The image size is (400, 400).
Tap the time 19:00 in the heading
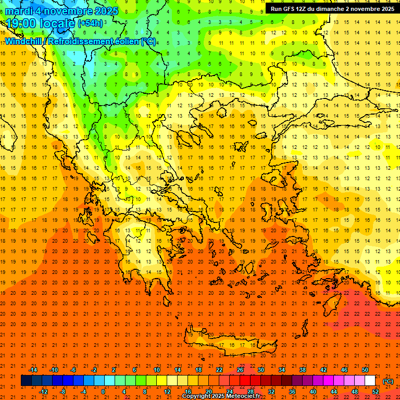tap(19, 23)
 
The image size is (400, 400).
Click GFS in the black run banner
tap(290, 9)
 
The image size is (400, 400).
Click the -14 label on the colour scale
tap(33, 370)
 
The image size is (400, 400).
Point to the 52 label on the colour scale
tap(376, 391)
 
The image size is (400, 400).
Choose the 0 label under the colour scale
tap(103, 391)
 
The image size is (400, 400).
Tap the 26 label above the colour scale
tap(240, 370)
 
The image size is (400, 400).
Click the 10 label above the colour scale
tap(157, 370)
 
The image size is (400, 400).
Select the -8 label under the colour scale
tap(62, 391)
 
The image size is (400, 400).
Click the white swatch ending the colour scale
tap(370, 381)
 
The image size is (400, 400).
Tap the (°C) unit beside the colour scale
tap(387, 381)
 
